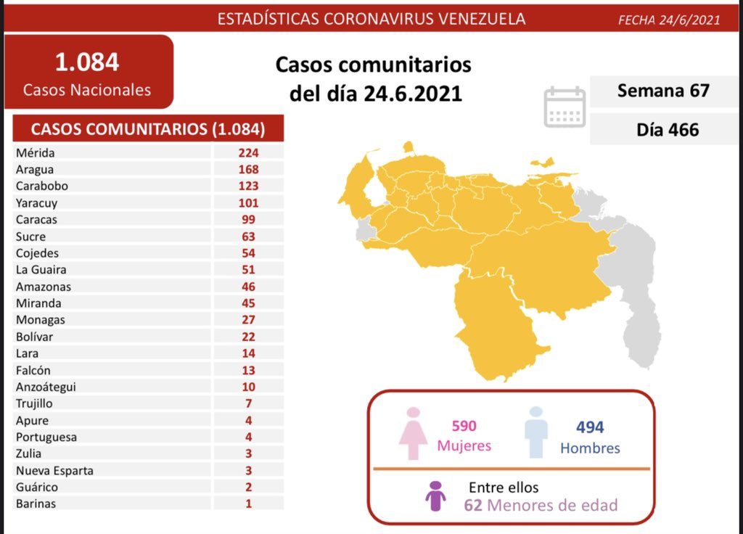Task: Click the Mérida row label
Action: point(35,152)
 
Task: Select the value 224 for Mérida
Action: point(247,152)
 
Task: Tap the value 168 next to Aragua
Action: point(247,169)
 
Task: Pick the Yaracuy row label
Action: point(36,202)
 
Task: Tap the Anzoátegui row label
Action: point(45,387)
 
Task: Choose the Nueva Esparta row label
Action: point(54,470)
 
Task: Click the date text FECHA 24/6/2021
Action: point(668,20)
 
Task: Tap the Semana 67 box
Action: point(662,91)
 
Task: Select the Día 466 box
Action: point(662,129)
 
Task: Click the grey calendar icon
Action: point(565,107)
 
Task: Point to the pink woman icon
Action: point(414,432)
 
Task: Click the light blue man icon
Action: point(535,432)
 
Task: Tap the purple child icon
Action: point(435,496)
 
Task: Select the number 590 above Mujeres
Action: point(464,426)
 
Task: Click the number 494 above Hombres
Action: point(589,427)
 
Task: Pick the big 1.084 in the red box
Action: point(87,62)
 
